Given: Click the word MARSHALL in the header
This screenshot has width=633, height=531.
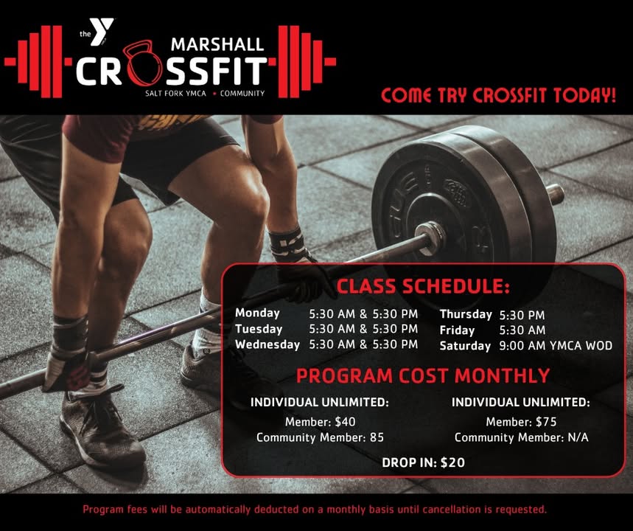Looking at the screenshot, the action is (217, 44).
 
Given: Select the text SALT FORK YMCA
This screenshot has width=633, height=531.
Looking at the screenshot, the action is (175, 94).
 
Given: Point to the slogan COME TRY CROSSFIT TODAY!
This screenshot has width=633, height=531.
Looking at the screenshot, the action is (499, 95).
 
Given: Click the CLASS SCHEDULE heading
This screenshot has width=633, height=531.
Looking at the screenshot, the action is (423, 286).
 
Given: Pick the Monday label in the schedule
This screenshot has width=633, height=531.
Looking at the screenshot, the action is (258, 313).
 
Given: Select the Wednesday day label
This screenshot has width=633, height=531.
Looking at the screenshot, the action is (267, 344).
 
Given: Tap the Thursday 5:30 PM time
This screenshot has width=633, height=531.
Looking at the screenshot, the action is (522, 315).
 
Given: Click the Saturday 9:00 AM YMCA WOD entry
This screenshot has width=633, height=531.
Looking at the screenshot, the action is (556, 346).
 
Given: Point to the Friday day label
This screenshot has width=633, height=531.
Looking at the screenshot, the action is (457, 330).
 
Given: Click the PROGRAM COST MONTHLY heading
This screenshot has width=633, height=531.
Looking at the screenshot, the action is (423, 375).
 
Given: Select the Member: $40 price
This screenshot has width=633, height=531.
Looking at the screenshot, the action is (320, 422).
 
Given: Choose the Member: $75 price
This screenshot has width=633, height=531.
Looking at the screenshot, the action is (521, 422).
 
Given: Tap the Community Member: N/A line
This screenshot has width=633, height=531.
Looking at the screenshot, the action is (521, 437).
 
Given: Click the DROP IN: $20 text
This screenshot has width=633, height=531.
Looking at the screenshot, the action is (423, 462).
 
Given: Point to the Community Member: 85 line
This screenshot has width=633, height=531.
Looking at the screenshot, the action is (320, 437).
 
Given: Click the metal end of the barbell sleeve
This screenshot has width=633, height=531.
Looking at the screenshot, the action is (556, 194).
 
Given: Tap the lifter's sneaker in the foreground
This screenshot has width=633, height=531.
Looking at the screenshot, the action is (102, 428).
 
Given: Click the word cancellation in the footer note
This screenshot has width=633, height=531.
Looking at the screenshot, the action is (451, 509).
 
